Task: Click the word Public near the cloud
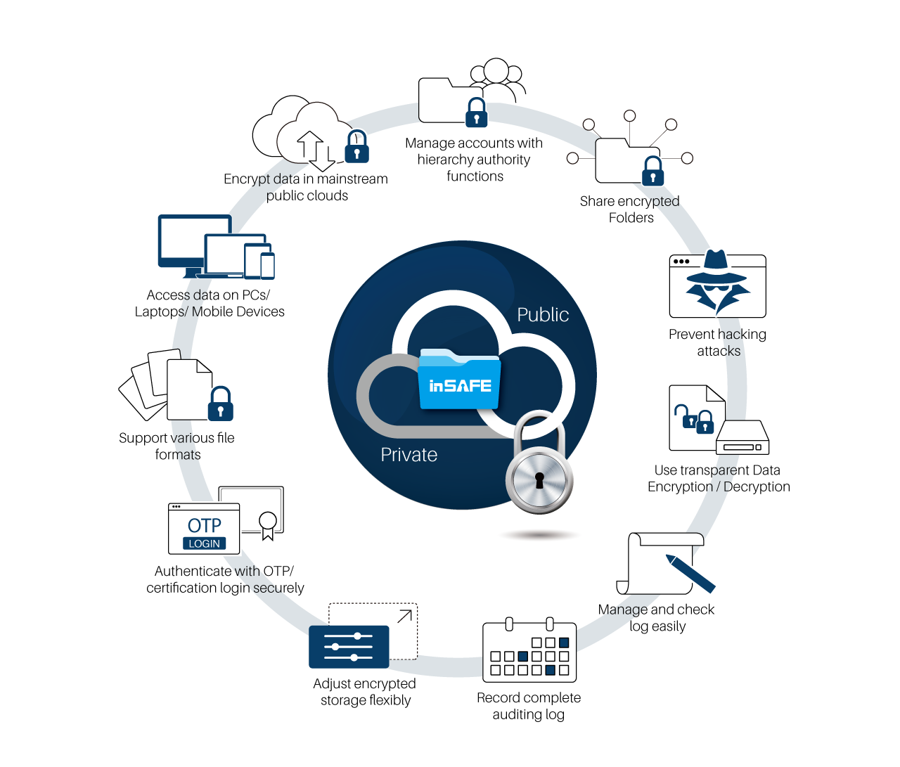[543, 315]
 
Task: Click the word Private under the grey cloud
[409, 455]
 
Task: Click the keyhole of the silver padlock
[539, 481]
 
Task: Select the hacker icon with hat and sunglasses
[716, 281]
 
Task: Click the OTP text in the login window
[204, 525]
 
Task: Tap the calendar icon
[529, 652]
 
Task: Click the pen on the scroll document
[690, 574]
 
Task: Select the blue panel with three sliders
[349, 647]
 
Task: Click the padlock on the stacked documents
[221, 404]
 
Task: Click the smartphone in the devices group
[268, 266]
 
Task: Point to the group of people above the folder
[496, 77]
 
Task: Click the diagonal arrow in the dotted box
[404, 617]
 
